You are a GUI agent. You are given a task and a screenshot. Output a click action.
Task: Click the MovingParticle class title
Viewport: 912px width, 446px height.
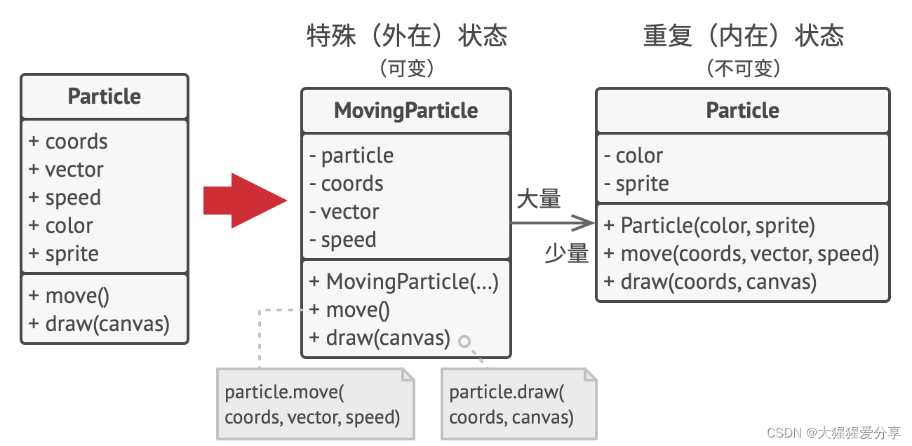tap(406, 110)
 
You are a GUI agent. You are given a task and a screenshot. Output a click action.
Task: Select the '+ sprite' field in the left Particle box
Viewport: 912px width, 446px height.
tap(64, 253)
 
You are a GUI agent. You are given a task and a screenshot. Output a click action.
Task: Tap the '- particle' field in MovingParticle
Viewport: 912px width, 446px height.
tap(351, 155)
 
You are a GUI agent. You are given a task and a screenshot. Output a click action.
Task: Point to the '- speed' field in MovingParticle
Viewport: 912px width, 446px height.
tap(343, 239)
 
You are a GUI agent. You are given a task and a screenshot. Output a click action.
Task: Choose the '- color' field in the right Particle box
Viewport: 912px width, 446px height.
tap(633, 155)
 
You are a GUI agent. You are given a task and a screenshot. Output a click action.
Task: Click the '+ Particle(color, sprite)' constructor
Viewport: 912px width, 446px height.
tap(709, 225)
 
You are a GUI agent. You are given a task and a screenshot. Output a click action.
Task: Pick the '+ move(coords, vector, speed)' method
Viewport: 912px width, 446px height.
tap(741, 253)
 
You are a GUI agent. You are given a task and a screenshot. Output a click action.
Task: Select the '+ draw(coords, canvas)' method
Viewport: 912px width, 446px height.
tap(710, 281)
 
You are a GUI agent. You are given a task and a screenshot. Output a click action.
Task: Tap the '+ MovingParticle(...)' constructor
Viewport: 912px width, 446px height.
tap(404, 281)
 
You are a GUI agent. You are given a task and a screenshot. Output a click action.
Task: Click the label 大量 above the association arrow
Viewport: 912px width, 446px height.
tap(539, 199)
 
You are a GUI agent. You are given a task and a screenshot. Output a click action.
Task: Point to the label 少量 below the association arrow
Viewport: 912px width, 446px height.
tap(567, 253)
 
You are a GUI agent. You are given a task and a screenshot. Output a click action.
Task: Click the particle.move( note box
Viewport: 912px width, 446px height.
tap(315, 405)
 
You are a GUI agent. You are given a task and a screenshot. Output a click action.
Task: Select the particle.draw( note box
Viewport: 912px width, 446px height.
tap(518, 405)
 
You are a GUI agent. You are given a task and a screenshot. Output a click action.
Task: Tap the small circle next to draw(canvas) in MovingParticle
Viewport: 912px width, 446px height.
tap(464, 342)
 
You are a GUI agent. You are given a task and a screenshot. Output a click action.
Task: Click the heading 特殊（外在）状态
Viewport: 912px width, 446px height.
tap(407, 35)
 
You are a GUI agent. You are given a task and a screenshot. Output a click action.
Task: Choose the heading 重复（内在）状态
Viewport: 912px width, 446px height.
tap(743, 35)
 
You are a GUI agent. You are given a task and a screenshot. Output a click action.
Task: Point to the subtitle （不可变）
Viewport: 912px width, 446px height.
tap(743, 68)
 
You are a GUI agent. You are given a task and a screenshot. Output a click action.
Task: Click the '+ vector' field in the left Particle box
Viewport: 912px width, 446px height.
tap(66, 169)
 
